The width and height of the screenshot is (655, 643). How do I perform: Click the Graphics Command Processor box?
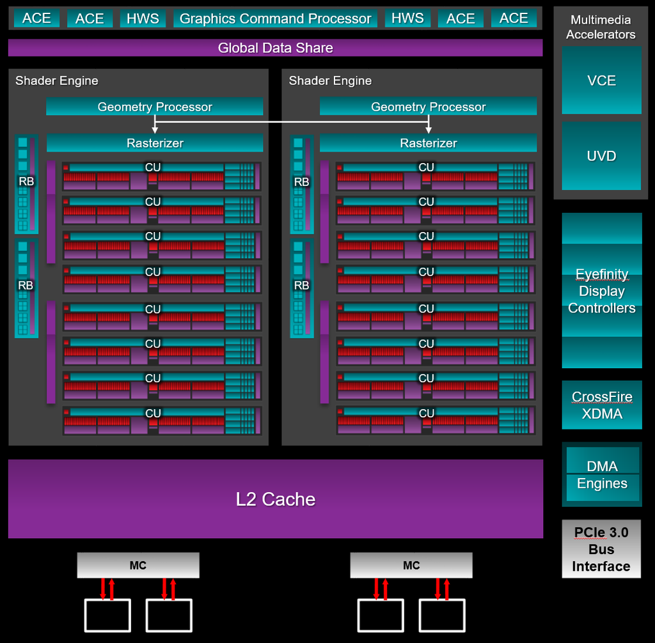point(275,19)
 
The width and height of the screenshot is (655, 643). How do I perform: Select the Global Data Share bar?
point(275,48)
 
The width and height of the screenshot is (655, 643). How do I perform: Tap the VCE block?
point(601,81)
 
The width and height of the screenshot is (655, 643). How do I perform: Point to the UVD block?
point(601,156)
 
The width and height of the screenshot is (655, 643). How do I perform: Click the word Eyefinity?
point(601,274)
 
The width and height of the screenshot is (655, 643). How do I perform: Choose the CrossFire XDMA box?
point(601,405)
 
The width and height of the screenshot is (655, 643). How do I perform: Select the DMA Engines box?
point(602,475)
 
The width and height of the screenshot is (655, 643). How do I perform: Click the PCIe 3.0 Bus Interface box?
point(601,549)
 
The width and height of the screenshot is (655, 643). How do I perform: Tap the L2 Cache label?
point(275,499)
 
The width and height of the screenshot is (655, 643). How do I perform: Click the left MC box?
point(138,566)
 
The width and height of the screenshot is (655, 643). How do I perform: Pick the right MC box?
point(411,566)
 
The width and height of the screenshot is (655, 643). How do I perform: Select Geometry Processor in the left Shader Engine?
point(155,107)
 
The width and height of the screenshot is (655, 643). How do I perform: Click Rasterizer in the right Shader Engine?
point(428,143)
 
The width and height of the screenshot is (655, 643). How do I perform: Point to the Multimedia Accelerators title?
point(601,27)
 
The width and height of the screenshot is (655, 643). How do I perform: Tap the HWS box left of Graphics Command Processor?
point(143,19)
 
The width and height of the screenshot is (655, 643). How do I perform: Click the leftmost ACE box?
point(36,19)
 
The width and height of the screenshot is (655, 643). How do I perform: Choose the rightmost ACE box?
point(514,19)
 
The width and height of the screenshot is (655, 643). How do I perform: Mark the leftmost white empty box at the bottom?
point(107,615)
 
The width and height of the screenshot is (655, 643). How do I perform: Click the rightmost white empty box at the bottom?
point(442,615)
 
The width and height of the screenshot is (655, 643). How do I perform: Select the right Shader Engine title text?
point(330,81)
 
